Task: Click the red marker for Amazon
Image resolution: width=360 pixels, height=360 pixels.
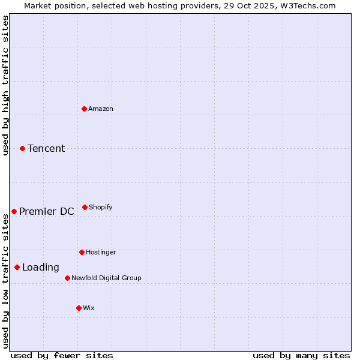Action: pos(84,109)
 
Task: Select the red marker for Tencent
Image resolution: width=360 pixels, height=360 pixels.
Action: pos(23,148)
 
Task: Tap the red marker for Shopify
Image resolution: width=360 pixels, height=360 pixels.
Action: pos(85,207)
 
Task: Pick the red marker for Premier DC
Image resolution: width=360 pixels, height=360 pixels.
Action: pos(14,211)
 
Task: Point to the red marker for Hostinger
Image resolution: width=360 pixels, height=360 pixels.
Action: pos(82,252)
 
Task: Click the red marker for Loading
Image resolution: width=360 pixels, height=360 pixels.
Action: pos(17,267)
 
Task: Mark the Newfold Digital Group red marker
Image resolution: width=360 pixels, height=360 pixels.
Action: pos(67,278)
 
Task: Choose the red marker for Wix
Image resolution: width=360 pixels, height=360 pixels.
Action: pos(79,308)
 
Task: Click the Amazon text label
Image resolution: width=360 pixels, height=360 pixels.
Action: pos(101,109)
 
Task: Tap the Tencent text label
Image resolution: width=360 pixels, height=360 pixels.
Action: pos(46,148)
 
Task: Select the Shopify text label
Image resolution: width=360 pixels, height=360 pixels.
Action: pos(101,207)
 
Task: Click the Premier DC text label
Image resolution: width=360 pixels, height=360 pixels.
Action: pos(47,211)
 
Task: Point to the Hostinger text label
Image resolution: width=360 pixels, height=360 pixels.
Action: pos(101,252)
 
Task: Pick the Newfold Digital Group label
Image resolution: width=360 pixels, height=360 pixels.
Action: pos(106,278)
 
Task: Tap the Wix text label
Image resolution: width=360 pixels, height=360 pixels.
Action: pos(89,308)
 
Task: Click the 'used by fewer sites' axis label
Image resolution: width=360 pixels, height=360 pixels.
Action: pos(62,355)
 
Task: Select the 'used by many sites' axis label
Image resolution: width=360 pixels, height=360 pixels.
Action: pos(301,355)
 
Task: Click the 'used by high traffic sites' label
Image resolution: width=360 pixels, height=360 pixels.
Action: pos(5,85)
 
